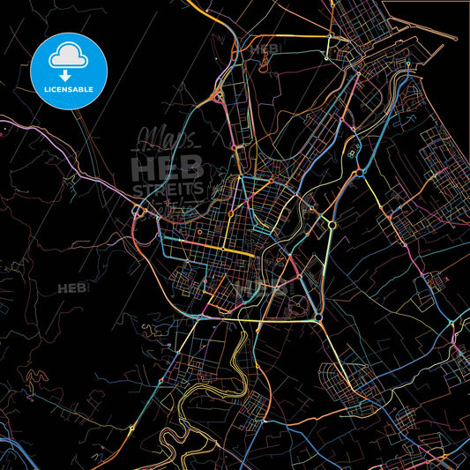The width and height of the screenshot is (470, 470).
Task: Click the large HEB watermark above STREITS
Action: [168, 166]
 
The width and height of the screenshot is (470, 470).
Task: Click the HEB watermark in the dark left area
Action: [72, 288]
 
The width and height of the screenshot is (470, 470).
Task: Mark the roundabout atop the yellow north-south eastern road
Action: [332, 225]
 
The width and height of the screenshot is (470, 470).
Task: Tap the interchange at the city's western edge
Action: [138, 213]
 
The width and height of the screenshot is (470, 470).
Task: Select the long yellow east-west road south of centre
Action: [265, 321]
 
